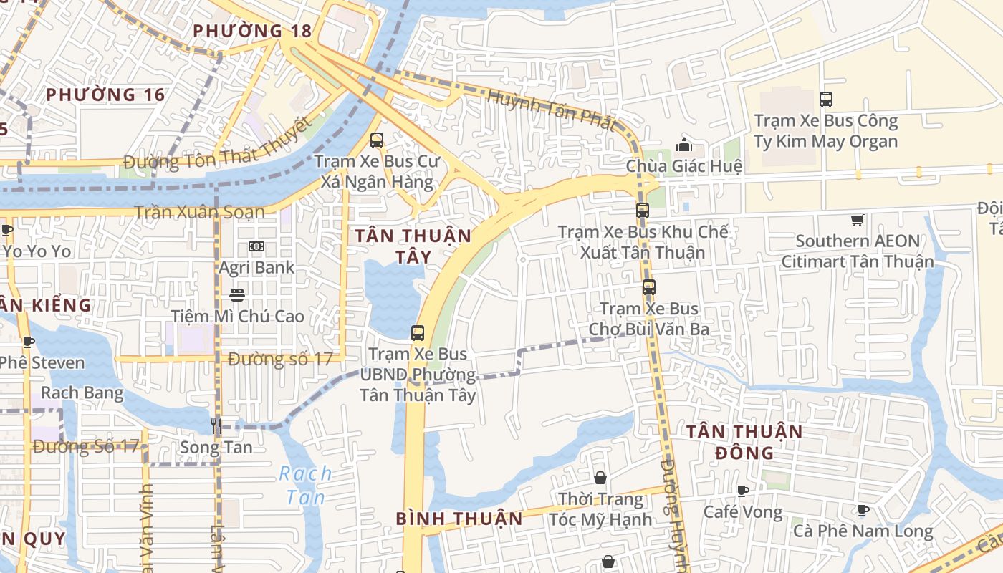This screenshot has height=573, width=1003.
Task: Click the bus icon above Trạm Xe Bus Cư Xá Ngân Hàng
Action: click(377, 140)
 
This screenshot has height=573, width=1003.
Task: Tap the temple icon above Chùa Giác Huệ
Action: click(684, 145)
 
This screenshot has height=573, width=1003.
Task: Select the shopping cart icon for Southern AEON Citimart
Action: click(857, 220)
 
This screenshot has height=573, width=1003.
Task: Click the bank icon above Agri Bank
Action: click(256, 246)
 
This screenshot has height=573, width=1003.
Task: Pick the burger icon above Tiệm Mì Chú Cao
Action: click(237, 294)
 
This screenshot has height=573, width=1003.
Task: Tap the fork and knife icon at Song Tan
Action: click(216, 426)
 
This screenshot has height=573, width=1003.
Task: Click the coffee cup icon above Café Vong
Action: click(743, 491)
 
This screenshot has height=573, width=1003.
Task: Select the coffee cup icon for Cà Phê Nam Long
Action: click(863, 510)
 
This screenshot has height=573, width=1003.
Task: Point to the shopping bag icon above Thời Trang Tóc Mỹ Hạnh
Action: click(600, 478)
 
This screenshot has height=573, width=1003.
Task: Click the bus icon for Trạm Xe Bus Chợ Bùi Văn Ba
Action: click(648, 287)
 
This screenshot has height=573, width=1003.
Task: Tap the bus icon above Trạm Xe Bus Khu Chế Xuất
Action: click(643, 211)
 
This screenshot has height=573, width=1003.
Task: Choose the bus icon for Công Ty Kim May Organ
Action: click(825, 100)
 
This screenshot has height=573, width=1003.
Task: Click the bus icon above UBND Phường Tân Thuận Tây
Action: click(418, 332)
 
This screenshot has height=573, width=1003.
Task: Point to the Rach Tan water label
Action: click(305, 485)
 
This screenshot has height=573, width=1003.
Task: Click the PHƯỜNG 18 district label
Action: click(252, 31)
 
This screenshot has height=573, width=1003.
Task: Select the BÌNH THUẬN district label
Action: click(459, 519)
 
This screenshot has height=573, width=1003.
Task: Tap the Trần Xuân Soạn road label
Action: click(200, 212)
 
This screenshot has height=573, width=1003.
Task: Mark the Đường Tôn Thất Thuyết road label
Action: click(219, 152)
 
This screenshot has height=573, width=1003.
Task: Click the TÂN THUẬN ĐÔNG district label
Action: click(745, 442)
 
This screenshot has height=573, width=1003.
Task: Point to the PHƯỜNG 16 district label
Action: click(105, 95)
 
